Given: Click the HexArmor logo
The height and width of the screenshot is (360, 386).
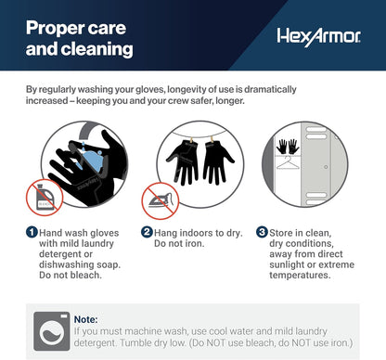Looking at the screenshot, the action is click(318, 37).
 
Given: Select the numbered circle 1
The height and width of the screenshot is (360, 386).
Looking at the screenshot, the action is click(32, 232).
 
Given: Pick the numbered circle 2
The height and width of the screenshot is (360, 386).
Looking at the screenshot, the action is click(147, 232).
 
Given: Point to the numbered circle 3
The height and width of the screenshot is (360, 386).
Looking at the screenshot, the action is click(262, 232).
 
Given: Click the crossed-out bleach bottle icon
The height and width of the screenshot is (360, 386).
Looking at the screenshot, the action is click(45, 197).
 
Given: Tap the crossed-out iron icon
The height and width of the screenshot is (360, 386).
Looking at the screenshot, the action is click(160, 200).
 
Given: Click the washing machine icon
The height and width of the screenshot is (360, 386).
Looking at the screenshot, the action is click(52, 331).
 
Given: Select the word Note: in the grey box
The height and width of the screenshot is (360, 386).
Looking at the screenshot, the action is click(85, 319).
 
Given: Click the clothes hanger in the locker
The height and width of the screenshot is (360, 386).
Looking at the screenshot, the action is click(288, 163).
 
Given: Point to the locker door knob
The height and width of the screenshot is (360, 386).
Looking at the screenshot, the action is click(326, 167).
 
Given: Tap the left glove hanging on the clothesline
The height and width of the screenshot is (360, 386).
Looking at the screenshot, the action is click(183, 161).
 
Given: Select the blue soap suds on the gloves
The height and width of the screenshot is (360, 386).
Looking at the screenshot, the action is click(91, 161).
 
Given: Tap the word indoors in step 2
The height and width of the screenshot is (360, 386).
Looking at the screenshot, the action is click(198, 233).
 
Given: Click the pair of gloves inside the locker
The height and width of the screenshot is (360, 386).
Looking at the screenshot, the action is click(288, 147).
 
